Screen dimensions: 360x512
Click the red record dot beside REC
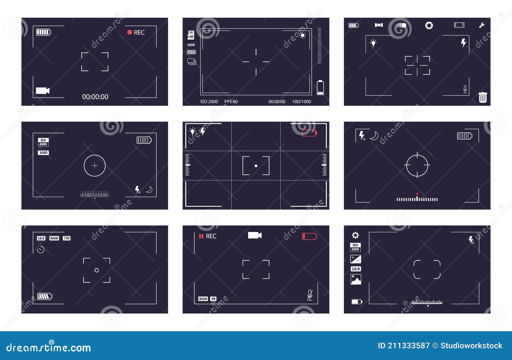[x=130, y=32]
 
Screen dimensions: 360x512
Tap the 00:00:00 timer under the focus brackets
[x=95, y=97]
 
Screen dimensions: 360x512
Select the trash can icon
[x=483, y=97]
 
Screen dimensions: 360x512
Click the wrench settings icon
[x=482, y=25]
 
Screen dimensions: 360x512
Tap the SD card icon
[x=191, y=35]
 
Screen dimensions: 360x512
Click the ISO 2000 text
[x=209, y=102]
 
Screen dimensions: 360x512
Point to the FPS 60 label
[x=231, y=102]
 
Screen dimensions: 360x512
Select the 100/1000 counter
[x=301, y=102]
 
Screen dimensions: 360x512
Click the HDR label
[x=191, y=45]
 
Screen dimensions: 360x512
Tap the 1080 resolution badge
[x=43, y=153]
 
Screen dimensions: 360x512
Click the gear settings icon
[x=355, y=236]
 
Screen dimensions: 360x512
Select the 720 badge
[x=67, y=238]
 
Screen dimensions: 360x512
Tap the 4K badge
[x=213, y=299]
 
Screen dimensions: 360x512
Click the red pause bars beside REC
[x=201, y=236]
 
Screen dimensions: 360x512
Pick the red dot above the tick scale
[x=417, y=194]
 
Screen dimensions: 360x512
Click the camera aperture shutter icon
[x=429, y=25]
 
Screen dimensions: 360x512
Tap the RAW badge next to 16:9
[x=54, y=238]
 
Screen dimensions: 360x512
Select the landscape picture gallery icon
[x=356, y=279]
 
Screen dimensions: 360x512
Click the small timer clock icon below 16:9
[x=41, y=250]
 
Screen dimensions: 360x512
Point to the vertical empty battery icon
[x=320, y=87]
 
